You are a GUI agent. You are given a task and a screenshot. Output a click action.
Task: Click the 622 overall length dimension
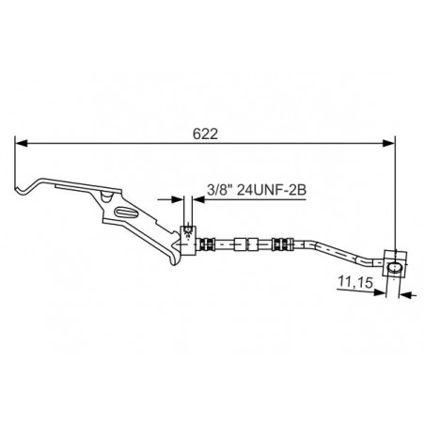(x=205, y=134)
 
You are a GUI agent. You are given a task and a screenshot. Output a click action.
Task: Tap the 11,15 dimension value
(x=355, y=282)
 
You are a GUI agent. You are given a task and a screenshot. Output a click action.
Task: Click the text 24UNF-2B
(x=271, y=190)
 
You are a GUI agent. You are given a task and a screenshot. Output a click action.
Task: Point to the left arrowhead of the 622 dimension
(x=22, y=143)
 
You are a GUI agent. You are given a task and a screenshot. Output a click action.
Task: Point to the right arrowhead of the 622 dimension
(x=388, y=143)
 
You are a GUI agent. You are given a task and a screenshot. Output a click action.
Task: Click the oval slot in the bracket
(x=125, y=212)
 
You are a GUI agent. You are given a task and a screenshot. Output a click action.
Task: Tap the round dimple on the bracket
(x=106, y=197)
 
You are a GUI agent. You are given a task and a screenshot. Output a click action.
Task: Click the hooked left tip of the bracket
(x=20, y=189)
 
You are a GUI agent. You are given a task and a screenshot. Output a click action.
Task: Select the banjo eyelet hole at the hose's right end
(x=394, y=269)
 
